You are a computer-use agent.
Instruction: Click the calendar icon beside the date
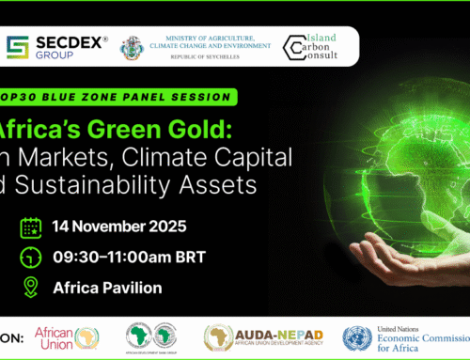pos(30,227)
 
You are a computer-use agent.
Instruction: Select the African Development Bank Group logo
pos(156,336)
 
